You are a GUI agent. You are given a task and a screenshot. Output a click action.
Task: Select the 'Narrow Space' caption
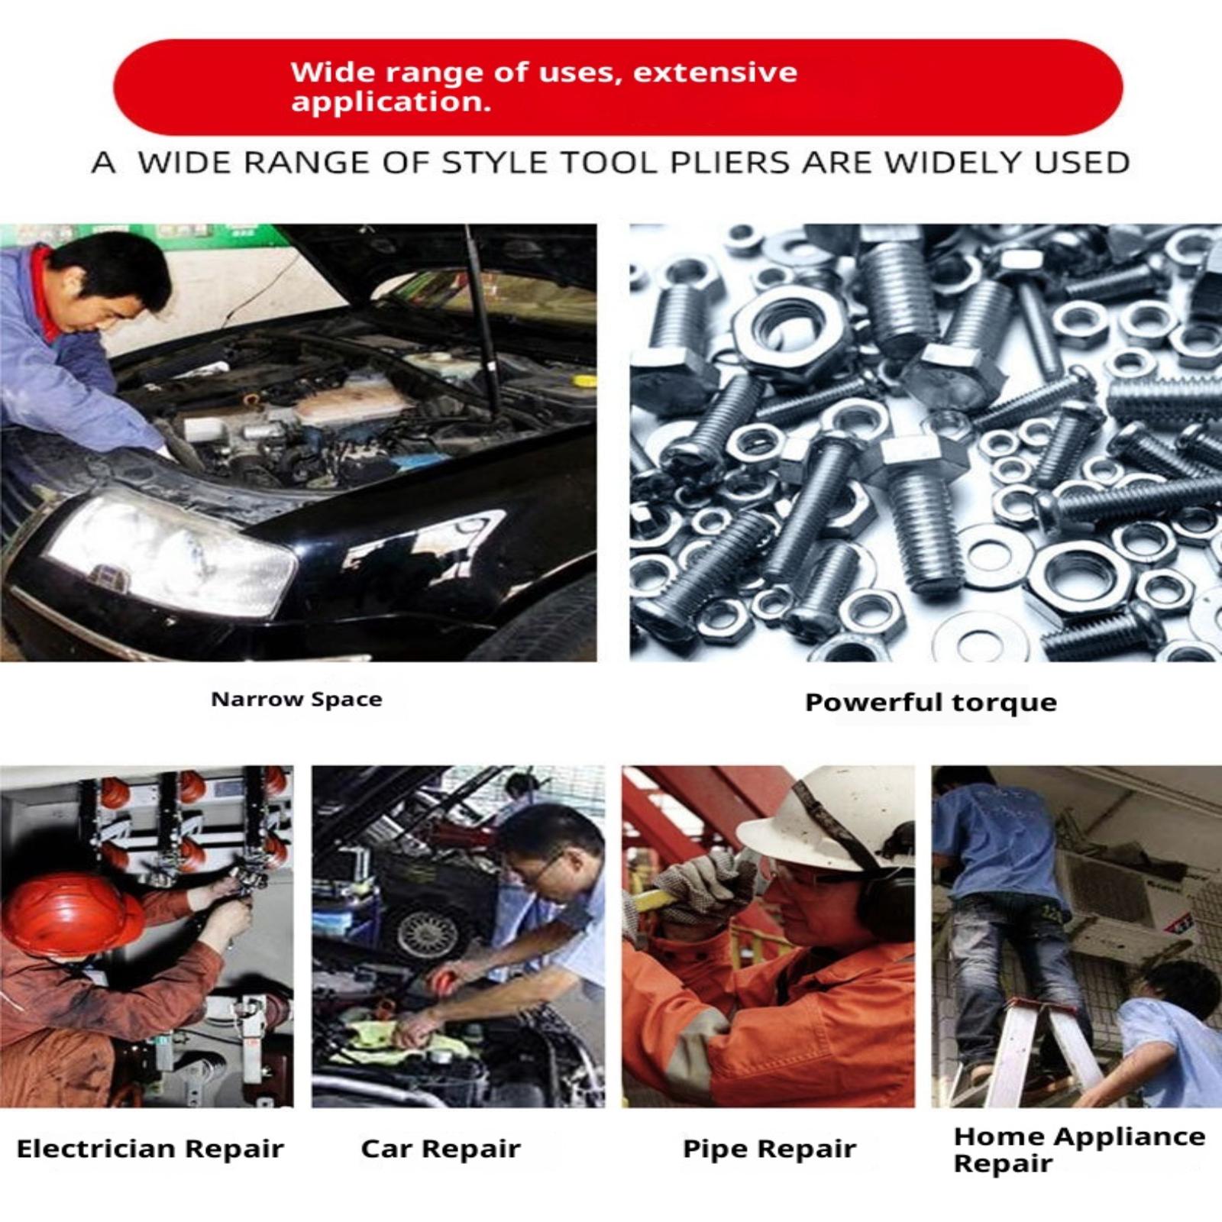296,700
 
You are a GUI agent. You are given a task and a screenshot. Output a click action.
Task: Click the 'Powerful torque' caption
931,703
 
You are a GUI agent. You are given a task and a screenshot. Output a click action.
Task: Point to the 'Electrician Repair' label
150,1149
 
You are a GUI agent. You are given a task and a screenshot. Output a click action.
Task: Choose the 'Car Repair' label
441,1149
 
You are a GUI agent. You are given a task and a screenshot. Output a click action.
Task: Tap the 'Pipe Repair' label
769,1149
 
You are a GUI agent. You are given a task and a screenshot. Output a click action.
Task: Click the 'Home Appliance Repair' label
1079,1149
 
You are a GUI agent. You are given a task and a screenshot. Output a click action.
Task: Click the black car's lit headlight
172,556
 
